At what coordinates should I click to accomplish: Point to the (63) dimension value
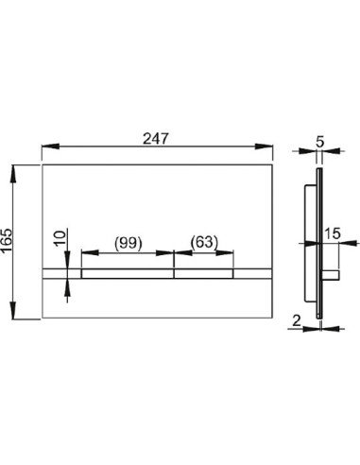[x=203, y=243]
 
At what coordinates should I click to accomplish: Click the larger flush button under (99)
[x=127, y=274]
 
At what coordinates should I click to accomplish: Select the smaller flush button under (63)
[x=203, y=274]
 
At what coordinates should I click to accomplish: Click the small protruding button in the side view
[x=333, y=273]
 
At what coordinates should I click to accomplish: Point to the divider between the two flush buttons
[x=173, y=274]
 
